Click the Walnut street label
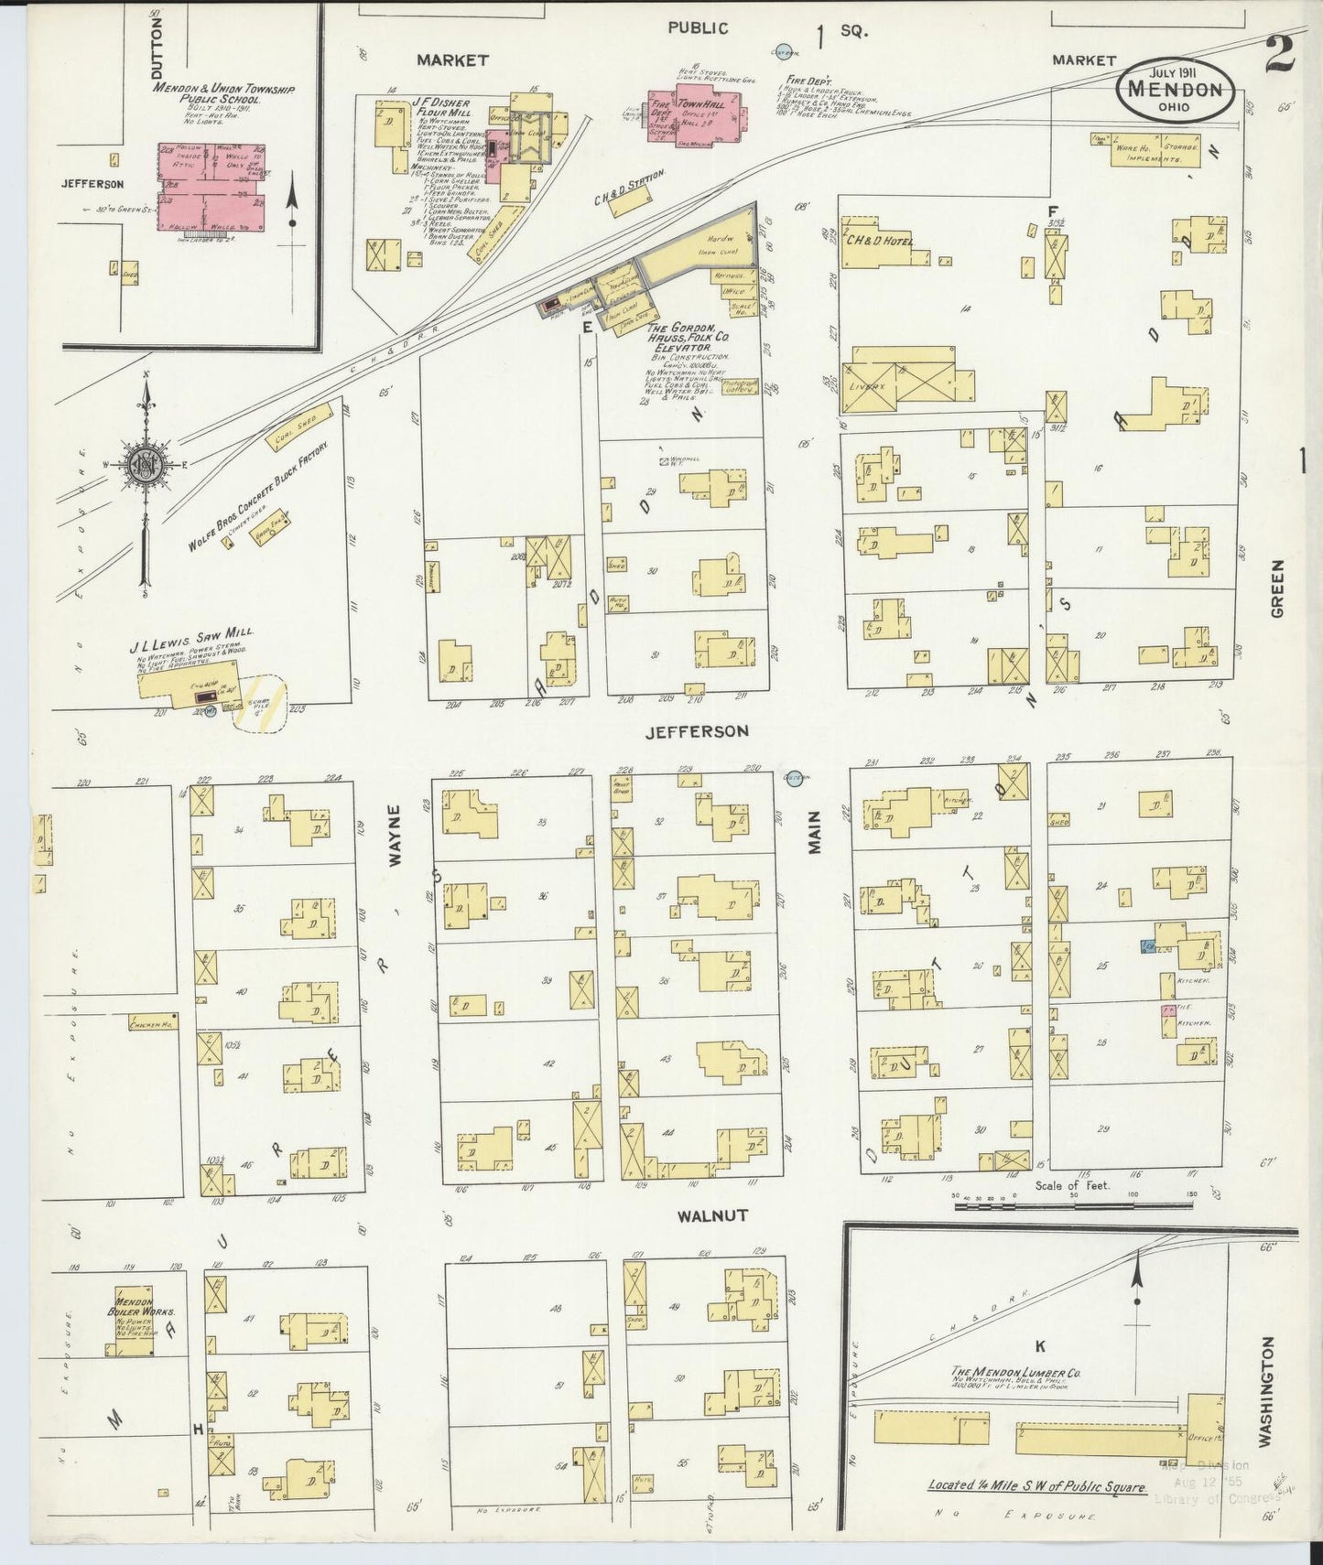click(713, 1215)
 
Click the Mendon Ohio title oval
click(1176, 90)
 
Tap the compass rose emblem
click(145, 463)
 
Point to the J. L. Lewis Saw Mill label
click(191, 632)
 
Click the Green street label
click(1277, 588)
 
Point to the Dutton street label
click(157, 46)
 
